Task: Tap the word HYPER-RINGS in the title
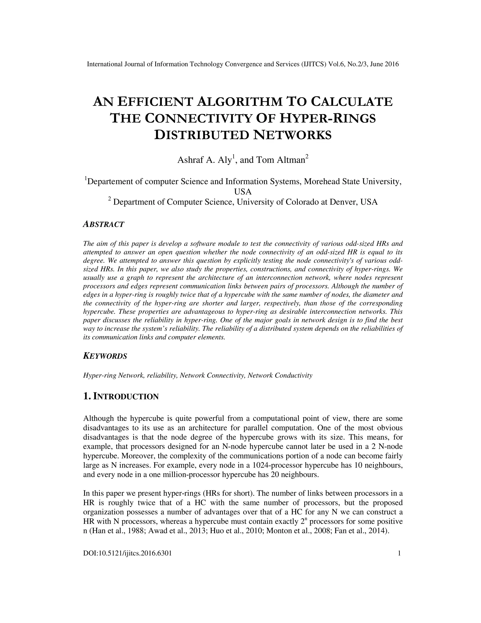tap(327, 118)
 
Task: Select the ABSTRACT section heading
tap(103, 224)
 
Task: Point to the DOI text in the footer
tap(127, 553)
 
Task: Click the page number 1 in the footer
tap(399, 553)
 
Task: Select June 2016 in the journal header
tap(382, 64)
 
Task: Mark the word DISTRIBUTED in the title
tap(202, 135)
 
